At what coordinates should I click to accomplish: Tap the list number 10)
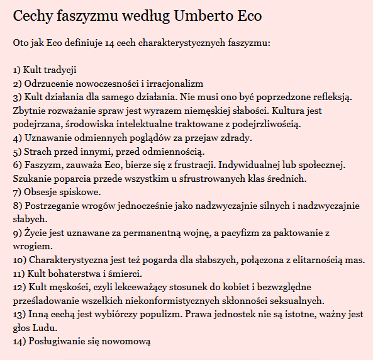[19, 260]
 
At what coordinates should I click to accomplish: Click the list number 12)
[19, 287]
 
